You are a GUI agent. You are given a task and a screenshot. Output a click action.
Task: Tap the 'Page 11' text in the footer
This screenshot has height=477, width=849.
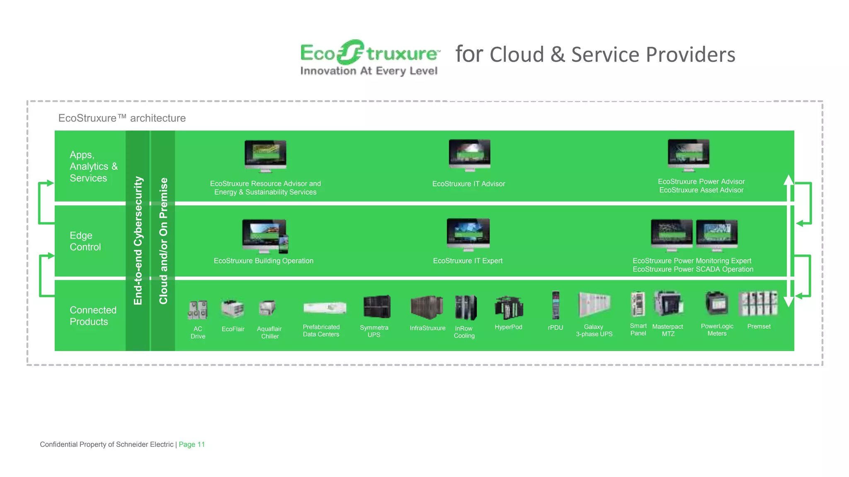(192, 444)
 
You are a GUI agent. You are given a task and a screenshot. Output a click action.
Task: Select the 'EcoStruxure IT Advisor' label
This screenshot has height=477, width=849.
(468, 184)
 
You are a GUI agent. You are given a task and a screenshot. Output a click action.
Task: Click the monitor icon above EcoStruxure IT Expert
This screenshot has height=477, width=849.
(468, 234)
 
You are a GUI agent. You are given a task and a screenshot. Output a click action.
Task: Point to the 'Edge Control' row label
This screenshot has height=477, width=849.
(85, 241)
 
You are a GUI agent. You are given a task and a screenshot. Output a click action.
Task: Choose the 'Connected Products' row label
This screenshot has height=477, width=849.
(93, 316)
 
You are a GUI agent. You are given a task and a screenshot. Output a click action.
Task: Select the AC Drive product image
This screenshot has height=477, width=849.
(198, 310)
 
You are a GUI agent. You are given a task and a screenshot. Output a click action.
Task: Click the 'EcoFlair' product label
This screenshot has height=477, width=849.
(233, 329)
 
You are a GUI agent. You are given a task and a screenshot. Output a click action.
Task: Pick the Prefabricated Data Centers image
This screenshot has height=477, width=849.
(324, 308)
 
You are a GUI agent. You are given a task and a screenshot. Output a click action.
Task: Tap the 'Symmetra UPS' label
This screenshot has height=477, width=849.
(374, 331)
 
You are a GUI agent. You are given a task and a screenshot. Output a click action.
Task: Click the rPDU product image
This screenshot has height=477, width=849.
(555, 305)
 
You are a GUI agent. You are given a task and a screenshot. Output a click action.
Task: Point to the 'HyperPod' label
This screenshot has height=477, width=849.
(508, 327)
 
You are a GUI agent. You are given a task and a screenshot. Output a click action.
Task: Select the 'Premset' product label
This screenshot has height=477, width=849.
(759, 327)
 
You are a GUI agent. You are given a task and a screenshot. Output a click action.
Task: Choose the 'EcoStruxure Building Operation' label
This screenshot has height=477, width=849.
(263, 261)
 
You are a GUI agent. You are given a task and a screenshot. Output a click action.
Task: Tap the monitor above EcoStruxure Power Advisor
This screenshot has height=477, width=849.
(688, 154)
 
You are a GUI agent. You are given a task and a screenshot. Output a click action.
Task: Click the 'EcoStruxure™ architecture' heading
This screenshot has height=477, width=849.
(122, 118)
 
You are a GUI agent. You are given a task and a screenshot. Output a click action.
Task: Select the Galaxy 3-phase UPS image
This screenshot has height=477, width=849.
(594, 305)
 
